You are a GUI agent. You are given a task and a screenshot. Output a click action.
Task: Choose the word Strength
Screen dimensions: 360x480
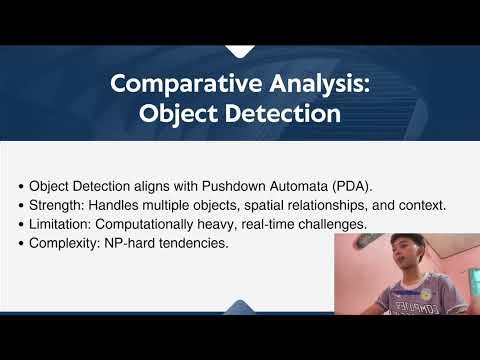point(57,205)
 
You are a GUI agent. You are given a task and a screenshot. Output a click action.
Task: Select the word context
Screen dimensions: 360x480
point(421,205)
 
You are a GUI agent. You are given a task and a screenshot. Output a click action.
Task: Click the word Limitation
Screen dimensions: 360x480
point(62,223)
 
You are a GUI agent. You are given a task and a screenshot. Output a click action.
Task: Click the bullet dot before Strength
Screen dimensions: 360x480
point(21,205)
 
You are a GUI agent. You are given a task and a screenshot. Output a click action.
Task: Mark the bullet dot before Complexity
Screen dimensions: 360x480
point(21,242)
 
